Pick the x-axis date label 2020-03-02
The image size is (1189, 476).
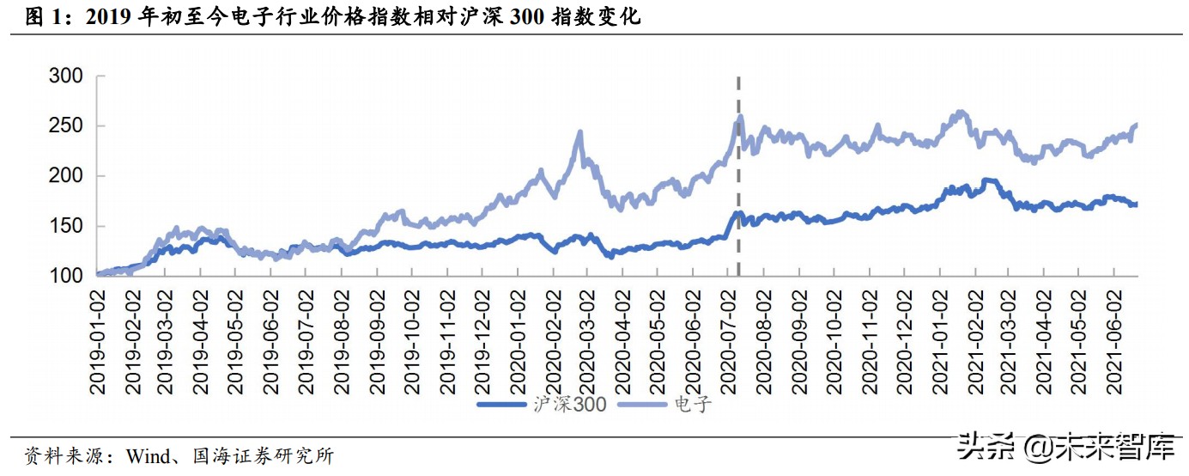pos(587,339)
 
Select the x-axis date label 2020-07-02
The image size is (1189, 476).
pos(727,339)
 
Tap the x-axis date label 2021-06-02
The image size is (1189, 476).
pos(1113,339)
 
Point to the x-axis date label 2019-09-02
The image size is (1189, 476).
pos(377,339)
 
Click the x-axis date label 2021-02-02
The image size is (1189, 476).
pos(973,339)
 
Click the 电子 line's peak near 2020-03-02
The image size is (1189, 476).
pos(580,132)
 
